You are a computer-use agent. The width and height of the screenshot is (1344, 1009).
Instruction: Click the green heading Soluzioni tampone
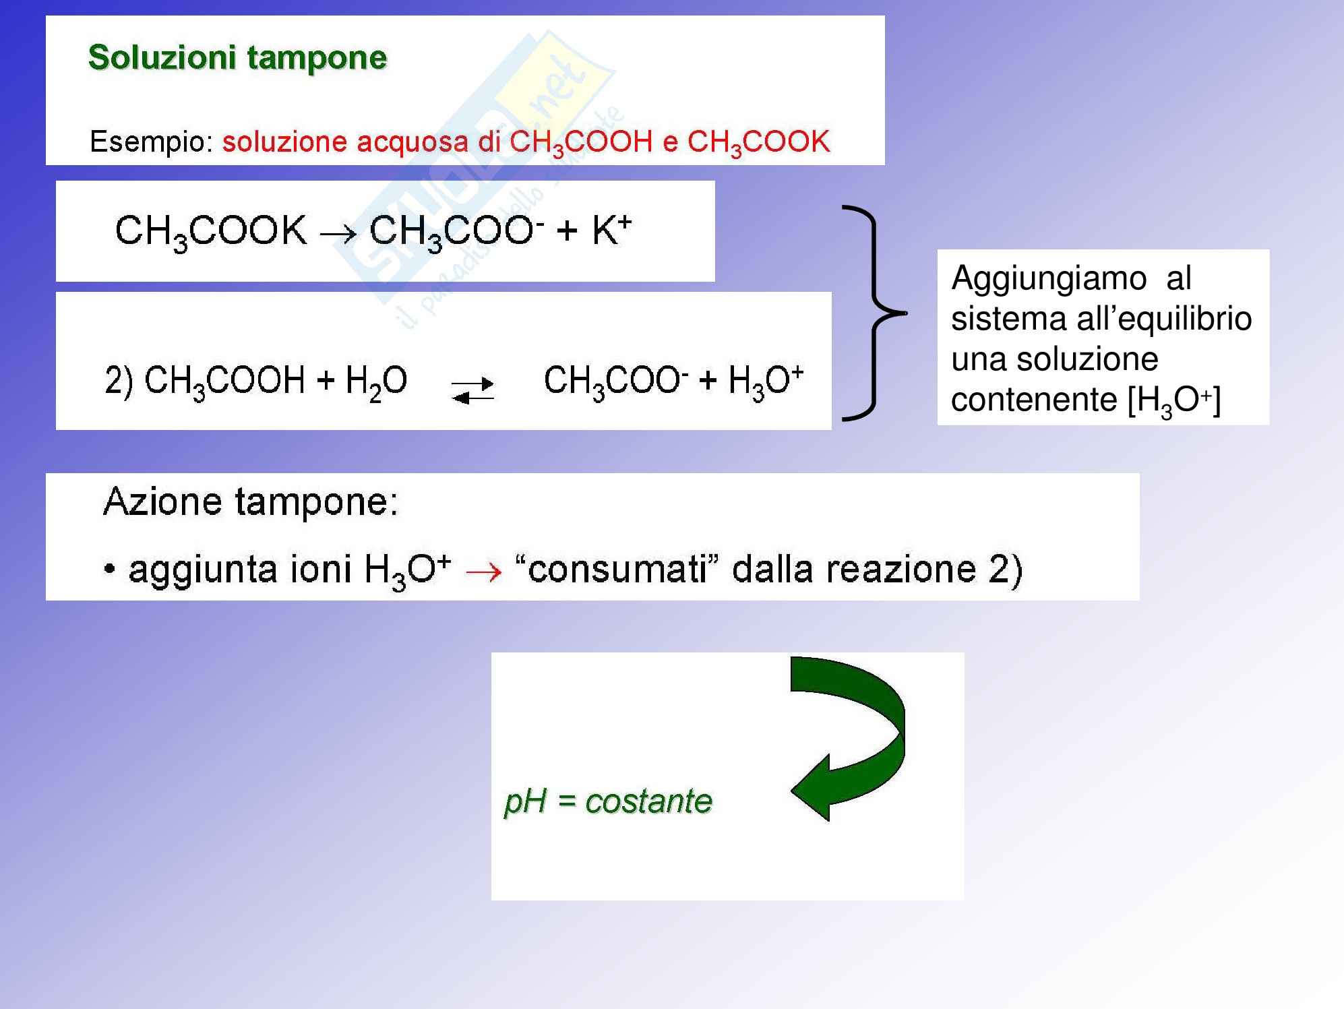(x=237, y=58)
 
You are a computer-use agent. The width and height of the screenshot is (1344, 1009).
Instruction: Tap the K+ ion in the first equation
(x=611, y=231)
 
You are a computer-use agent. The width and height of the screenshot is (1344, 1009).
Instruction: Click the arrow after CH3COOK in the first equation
(x=338, y=233)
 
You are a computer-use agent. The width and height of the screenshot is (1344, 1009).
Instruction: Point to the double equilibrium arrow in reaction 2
(x=472, y=390)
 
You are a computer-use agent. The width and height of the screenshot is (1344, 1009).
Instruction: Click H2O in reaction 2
(x=376, y=381)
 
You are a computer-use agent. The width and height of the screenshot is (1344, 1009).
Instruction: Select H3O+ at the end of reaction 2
(x=766, y=381)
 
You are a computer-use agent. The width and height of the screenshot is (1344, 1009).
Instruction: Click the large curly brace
(x=874, y=313)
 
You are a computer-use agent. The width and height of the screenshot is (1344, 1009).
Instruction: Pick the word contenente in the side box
(x=1034, y=399)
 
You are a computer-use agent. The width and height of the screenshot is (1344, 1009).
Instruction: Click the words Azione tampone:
(x=251, y=502)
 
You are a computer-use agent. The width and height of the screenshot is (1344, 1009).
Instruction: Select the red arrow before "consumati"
(x=484, y=572)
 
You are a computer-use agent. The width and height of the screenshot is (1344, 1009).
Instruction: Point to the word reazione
(x=901, y=570)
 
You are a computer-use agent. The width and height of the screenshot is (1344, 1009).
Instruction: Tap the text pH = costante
(x=608, y=801)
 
